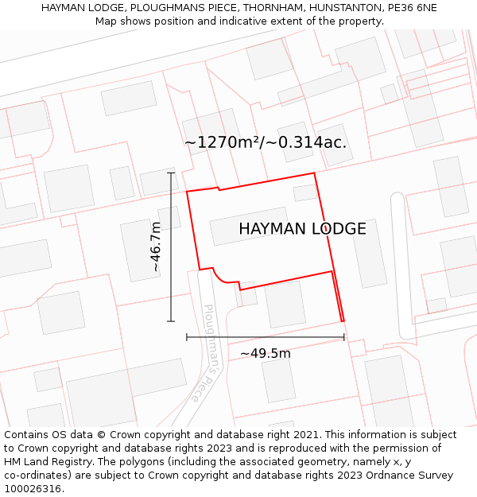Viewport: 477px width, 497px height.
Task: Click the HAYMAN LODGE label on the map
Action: click(302, 229)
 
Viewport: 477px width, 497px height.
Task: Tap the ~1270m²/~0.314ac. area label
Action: click(266, 142)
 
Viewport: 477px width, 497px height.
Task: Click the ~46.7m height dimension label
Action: click(156, 247)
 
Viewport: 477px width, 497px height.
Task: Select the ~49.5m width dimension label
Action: click(266, 353)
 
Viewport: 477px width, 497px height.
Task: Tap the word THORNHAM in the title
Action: click(270, 8)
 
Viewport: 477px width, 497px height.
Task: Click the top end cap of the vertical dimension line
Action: click(171, 173)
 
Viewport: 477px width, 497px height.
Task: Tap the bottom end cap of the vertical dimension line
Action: click(171, 321)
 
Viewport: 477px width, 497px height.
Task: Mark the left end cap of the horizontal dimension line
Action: click(187, 337)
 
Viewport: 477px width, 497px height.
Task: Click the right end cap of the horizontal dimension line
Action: click(344, 337)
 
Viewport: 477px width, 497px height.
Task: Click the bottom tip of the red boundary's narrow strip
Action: click(343, 320)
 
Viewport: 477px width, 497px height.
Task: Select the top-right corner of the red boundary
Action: click(314, 173)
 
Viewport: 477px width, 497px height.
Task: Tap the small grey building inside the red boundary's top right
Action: click(305, 192)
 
